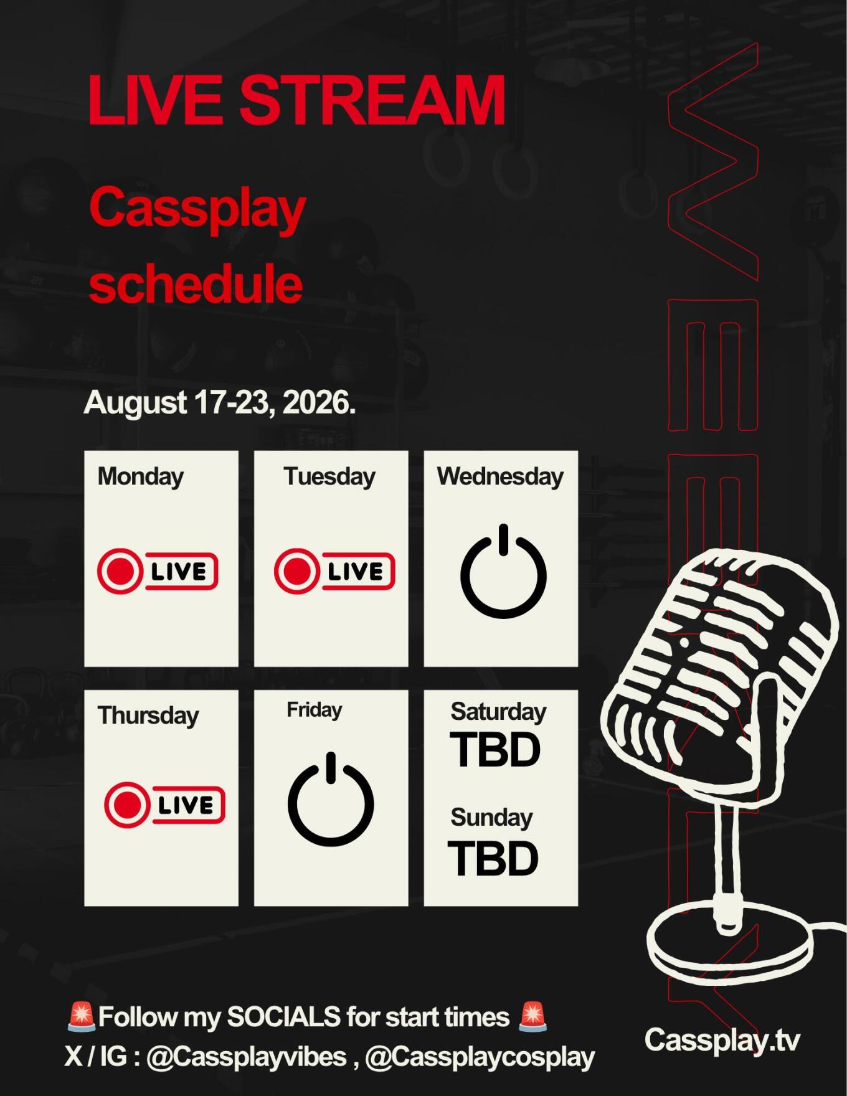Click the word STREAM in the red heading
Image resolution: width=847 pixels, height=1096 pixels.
click(372, 100)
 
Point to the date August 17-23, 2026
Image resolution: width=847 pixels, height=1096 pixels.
click(220, 402)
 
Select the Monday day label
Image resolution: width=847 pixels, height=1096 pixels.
click(141, 476)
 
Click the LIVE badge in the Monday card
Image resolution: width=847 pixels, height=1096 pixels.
click(158, 570)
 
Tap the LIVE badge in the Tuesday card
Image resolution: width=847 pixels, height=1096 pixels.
click(334, 570)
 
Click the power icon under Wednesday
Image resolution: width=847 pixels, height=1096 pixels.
click(503, 572)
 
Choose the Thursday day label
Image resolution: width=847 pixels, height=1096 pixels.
click(148, 716)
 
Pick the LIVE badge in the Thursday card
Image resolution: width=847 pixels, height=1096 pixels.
click(164, 805)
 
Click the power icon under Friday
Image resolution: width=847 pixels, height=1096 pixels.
click(331, 800)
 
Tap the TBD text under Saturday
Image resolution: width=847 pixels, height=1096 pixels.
click(495, 750)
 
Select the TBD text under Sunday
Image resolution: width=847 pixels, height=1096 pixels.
click(493, 859)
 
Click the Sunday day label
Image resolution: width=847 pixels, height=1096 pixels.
click(491, 818)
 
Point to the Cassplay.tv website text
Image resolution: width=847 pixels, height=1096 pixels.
click(722, 1040)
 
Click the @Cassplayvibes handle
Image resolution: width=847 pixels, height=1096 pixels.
click(247, 1057)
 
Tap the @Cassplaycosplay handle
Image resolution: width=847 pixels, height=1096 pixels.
click(480, 1057)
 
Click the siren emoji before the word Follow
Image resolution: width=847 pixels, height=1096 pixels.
click(81, 1016)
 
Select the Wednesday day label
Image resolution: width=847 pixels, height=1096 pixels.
click(500, 476)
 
